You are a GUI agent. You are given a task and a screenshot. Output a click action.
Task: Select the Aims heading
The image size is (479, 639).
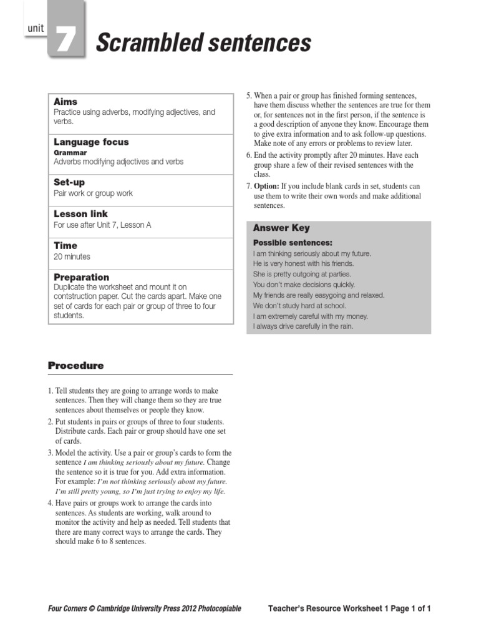[65, 102]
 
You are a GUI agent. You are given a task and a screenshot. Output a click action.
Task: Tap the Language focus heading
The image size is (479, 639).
[91, 142]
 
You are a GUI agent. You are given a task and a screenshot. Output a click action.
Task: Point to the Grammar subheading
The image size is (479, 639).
[70, 152]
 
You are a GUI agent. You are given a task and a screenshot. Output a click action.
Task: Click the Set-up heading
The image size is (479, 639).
[69, 183]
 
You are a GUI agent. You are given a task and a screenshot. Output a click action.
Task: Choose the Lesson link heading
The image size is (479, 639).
[81, 214]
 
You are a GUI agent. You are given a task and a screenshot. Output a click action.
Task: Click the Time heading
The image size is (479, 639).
[65, 246]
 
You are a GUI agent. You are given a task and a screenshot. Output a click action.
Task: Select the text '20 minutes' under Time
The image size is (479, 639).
[72, 256]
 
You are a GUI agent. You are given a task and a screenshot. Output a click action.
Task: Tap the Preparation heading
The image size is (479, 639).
[81, 277]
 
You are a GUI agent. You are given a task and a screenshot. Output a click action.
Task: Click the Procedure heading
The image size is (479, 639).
[75, 366]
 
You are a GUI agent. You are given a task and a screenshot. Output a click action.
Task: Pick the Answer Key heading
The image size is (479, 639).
[281, 228]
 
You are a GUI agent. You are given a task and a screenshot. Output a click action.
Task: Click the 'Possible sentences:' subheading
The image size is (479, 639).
[293, 242]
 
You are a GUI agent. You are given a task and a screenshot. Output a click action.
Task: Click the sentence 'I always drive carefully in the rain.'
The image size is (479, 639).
[303, 326]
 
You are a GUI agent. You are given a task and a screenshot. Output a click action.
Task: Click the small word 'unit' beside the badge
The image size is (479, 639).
[36, 28]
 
